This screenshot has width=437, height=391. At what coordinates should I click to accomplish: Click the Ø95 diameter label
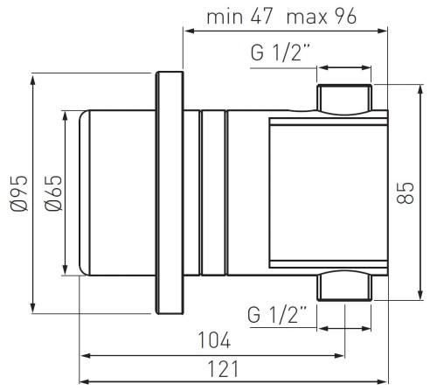point(19,192)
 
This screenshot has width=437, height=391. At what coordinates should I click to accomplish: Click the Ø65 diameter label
point(53,192)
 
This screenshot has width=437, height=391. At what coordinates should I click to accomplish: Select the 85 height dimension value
point(406,192)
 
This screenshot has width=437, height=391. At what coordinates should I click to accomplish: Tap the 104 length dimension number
point(214,340)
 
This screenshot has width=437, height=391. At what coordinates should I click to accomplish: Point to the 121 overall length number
point(223,368)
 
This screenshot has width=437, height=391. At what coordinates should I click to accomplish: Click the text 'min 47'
point(239,16)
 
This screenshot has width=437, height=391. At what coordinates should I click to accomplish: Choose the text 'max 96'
point(322,16)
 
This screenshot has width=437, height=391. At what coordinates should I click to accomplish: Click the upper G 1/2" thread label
point(280,52)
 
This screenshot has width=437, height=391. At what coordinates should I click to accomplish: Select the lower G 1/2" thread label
point(277,314)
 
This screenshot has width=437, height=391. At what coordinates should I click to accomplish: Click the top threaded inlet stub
point(344,98)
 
